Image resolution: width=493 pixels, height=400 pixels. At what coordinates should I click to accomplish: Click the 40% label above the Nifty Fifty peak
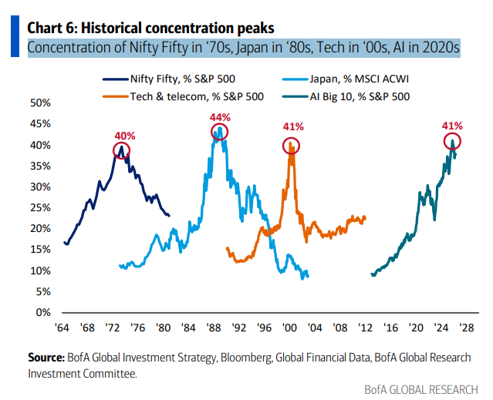tap(126, 136)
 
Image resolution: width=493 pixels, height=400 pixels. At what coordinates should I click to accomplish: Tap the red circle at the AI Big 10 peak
tap(453, 141)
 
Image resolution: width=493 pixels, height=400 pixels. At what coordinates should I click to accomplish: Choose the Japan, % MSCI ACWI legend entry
tap(363, 79)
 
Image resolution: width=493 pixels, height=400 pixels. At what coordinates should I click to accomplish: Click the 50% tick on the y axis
tap(39, 103)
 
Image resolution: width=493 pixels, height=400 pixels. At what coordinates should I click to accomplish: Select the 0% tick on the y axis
tap(42, 313)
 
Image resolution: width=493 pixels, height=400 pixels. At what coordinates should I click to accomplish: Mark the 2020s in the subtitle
tap(442, 47)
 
